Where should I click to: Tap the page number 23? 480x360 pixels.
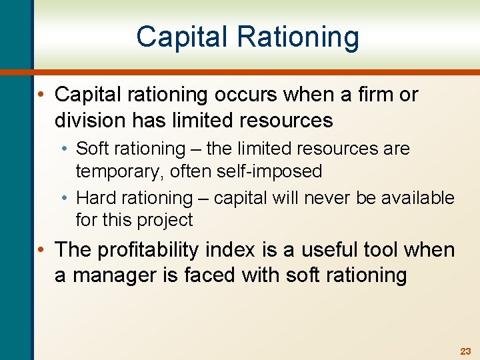tap(465, 351)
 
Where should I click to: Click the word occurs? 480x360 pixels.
tap(244, 95)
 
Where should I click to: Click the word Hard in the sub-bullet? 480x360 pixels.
tap(96, 198)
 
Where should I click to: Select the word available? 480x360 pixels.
tap(420, 198)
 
